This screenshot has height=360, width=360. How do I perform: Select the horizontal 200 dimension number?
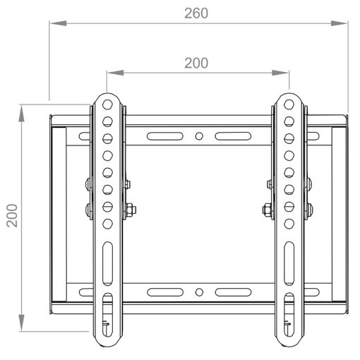(x=196, y=63)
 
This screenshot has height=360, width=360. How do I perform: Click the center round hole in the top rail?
(x=200, y=135)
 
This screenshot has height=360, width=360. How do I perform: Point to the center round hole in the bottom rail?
(x=200, y=291)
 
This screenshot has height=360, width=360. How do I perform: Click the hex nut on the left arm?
(x=132, y=209)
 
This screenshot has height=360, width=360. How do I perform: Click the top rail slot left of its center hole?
(x=162, y=135)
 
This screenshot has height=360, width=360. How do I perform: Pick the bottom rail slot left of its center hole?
(x=162, y=291)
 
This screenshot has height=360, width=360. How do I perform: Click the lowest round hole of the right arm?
(x=289, y=223)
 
